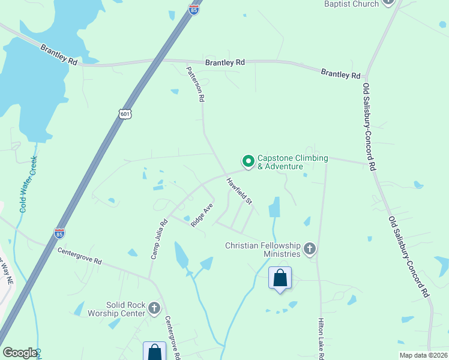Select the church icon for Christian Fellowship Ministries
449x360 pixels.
tap(310, 248)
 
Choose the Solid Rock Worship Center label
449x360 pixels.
tap(125, 309)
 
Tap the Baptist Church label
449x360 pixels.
tap(351, 4)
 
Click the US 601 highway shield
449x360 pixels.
tap(125, 114)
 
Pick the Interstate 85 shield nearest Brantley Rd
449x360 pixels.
tap(193, 10)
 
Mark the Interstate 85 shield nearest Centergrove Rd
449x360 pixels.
tap(59, 233)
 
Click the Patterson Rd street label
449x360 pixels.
tap(196, 84)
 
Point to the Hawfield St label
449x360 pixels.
tap(239, 191)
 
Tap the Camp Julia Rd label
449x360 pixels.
tap(158, 239)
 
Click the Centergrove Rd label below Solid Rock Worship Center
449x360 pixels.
tap(172, 338)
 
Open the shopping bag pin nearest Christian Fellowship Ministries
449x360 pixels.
tap(280, 278)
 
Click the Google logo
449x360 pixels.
tap(20, 353)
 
